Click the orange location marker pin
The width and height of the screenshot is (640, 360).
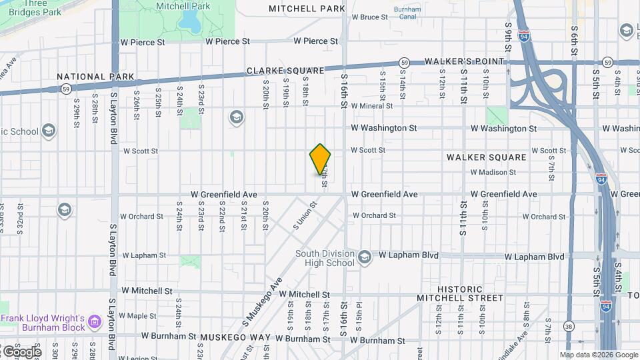click(x=320, y=159)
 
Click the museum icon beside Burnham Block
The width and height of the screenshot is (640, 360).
click(x=95, y=323)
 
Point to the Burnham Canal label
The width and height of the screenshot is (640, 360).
click(x=407, y=13)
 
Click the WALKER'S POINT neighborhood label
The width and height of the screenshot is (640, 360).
click(x=461, y=61)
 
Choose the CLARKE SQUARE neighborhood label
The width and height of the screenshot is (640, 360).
click(x=285, y=70)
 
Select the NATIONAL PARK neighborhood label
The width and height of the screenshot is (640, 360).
click(x=91, y=77)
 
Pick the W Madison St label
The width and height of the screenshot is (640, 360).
click(x=493, y=172)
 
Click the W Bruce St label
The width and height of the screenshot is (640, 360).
click(x=369, y=17)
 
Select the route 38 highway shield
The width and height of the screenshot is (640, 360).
click(x=568, y=326)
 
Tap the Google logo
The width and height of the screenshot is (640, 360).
click(x=21, y=351)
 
